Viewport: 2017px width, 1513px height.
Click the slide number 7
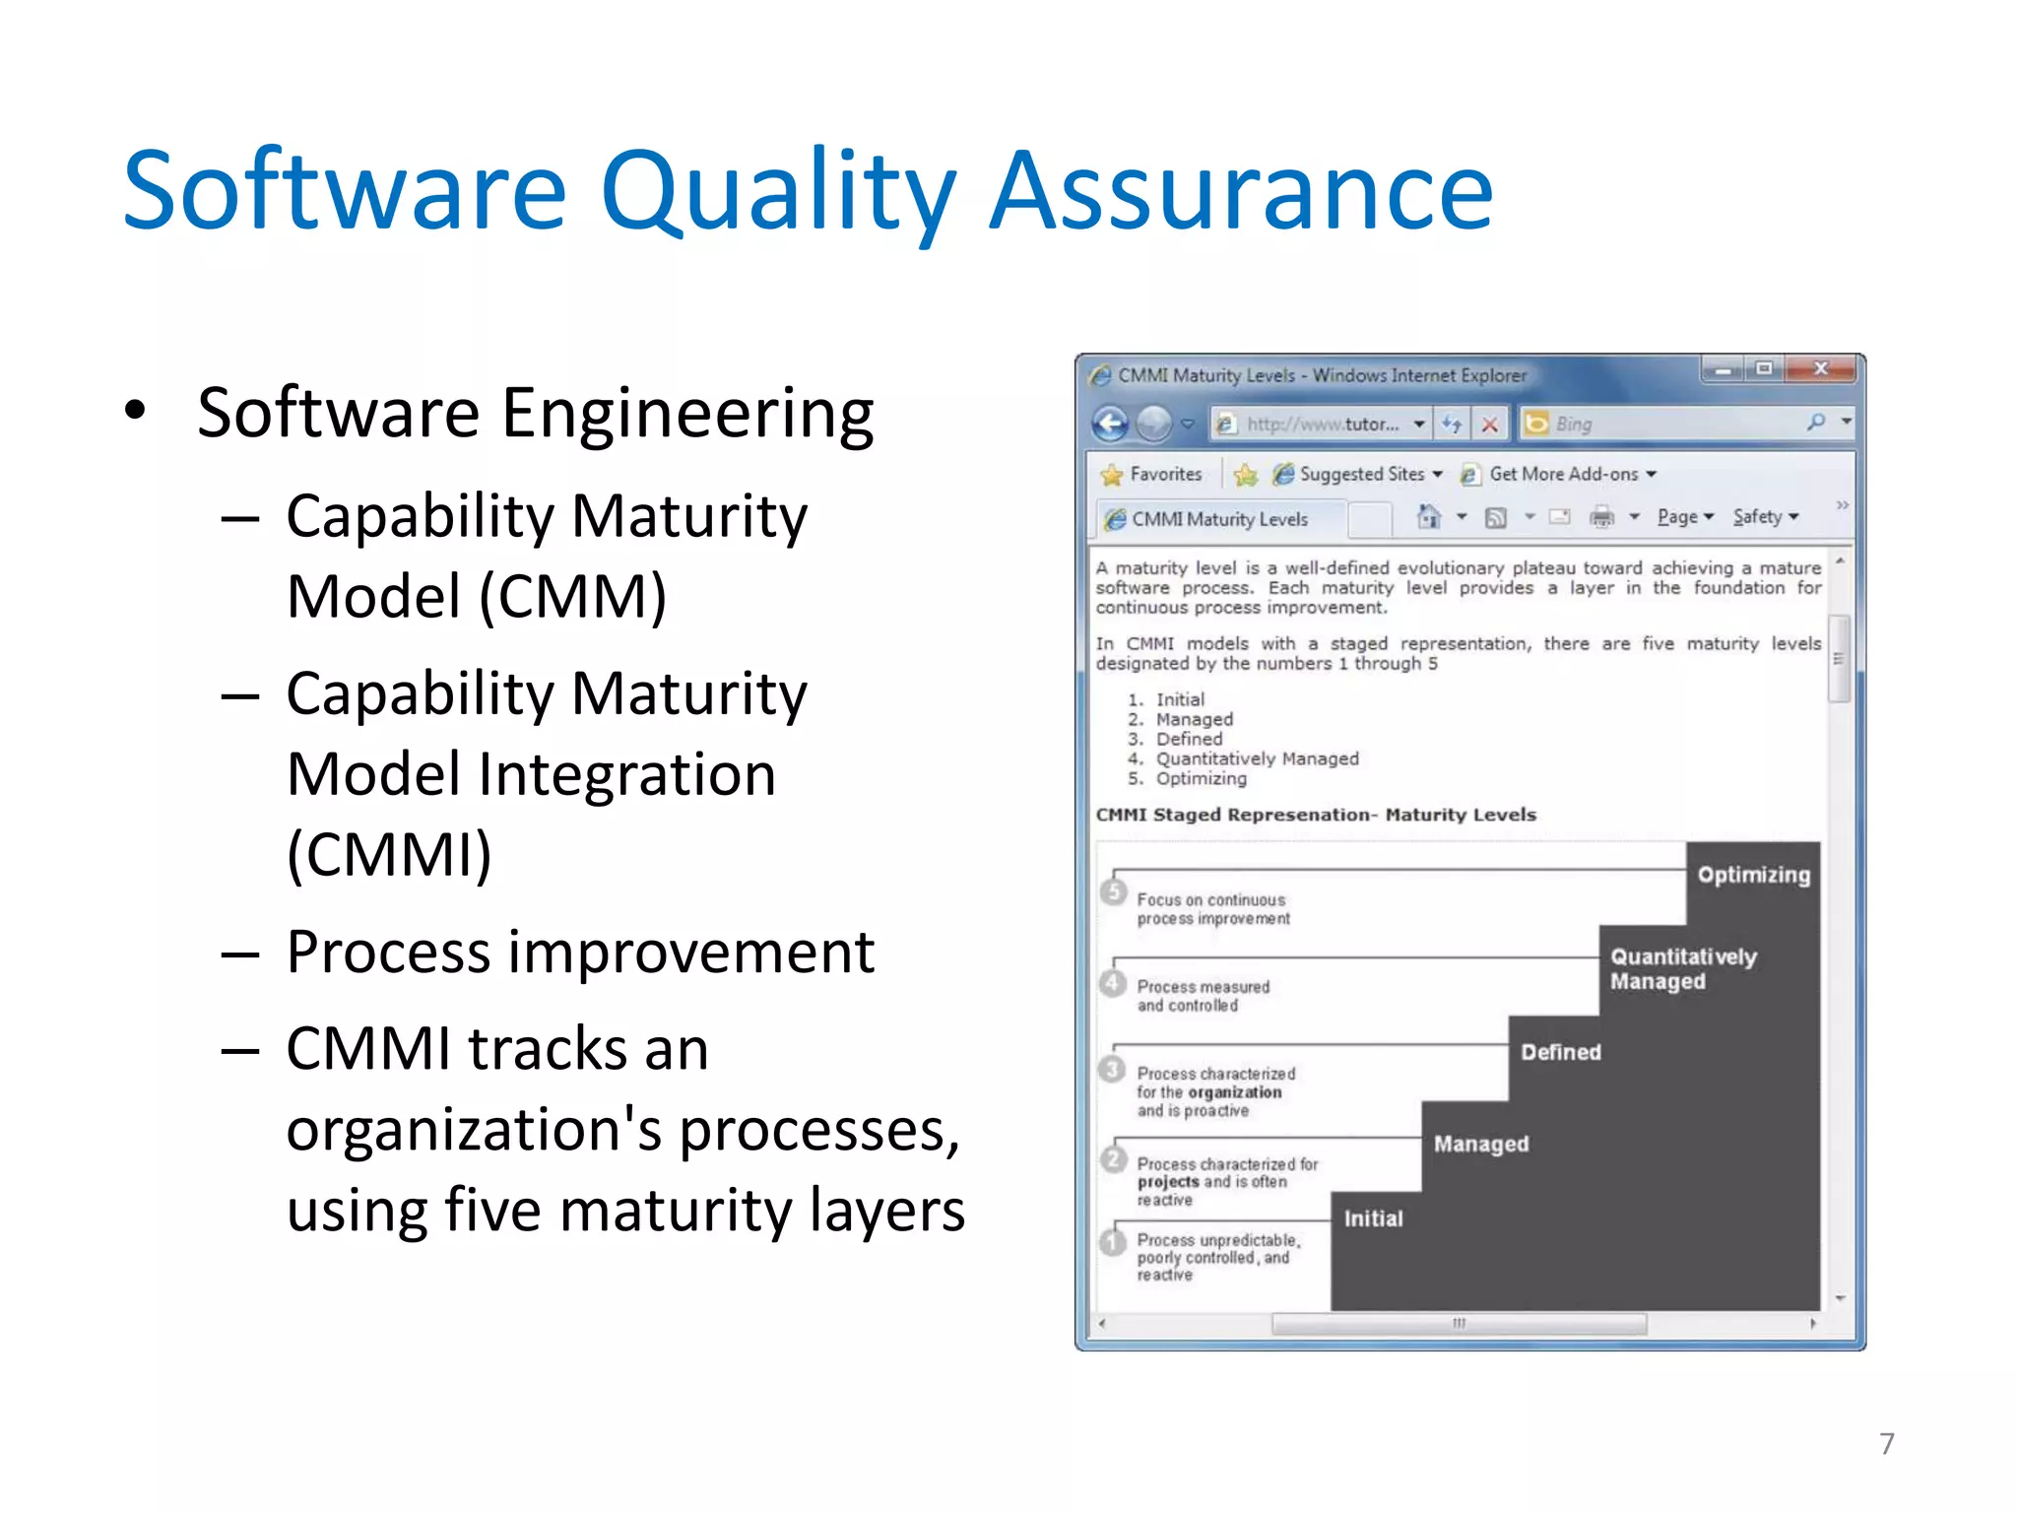click(1886, 1443)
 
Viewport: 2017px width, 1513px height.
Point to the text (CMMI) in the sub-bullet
click(389, 854)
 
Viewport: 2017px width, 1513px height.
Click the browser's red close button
click(1820, 369)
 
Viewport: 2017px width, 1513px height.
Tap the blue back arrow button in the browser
click(1111, 425)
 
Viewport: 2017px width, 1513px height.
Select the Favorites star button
click(1152, 475)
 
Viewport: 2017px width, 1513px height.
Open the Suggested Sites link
click(1359, 475)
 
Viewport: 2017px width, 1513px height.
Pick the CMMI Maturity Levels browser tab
click(1217, 519)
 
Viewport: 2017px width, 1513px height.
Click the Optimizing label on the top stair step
click(1753, 875)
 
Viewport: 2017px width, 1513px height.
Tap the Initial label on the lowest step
click(1373, 1218)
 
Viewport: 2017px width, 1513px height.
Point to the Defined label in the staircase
click(1560, 1052)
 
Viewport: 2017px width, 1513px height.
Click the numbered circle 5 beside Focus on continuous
click(1114, 892)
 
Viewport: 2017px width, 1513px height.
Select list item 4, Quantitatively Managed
click(1256, 758)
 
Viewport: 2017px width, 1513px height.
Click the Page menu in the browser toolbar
click(1683, 517)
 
